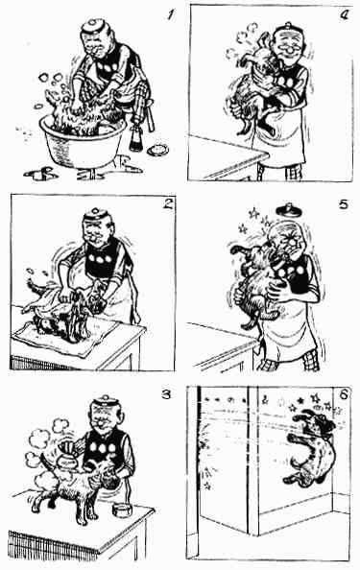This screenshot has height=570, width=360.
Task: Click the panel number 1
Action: coord(170,15)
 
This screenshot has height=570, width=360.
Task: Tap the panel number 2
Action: coord(168,204)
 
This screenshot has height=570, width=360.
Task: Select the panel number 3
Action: coord(166,394)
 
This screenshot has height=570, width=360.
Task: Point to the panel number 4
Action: coord(344,14)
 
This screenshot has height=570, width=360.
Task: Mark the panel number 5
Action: coord(343,204)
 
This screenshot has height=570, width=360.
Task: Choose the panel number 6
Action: coord(345,394)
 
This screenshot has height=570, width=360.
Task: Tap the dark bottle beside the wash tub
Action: coord(135,137)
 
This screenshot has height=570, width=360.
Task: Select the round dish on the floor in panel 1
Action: coord(157,149)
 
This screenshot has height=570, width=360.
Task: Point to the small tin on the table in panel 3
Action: coord(122,510)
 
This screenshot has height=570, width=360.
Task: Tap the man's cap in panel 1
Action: coord(93,27)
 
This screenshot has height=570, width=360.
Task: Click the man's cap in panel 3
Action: coord(105,402)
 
